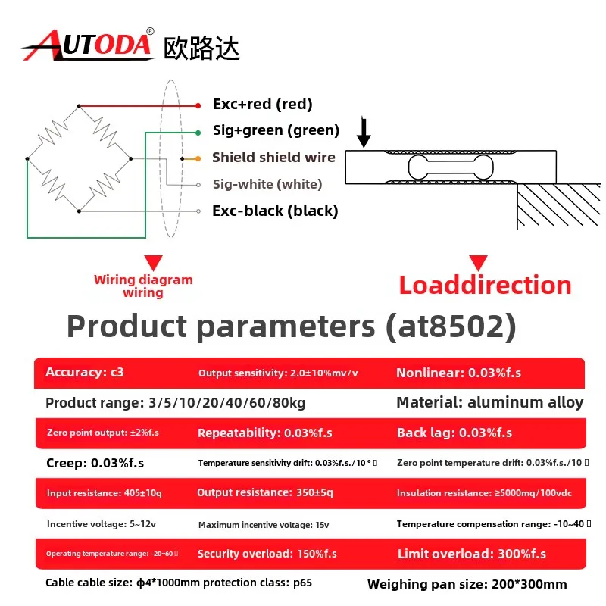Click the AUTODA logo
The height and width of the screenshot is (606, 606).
pos(88,45)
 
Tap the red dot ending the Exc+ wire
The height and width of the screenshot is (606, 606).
pos(198,105)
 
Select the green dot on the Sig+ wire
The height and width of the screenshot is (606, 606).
pos(198,133)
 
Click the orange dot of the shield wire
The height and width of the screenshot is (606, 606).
pos(198,158)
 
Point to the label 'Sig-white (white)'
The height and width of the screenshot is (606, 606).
pos(267,184)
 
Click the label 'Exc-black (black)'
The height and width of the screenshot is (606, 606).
pos(275,211)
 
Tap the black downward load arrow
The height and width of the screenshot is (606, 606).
pos(364,131)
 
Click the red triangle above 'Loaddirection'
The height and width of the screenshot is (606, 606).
pos(478,263)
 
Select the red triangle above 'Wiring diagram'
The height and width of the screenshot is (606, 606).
pos(154,263)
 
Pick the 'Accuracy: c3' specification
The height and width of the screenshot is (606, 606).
pos(85,372)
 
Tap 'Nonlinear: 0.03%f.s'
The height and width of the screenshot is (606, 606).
pos(459,373)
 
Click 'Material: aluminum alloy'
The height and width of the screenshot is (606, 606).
pos(490,402)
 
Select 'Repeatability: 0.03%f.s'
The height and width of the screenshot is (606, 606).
pos(264,433)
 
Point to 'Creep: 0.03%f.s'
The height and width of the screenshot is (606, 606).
pos(95,463)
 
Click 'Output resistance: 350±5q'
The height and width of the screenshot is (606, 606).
pos(264,492)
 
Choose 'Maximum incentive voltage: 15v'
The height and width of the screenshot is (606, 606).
pos(264,524)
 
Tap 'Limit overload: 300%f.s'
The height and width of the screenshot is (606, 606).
pos(472,554)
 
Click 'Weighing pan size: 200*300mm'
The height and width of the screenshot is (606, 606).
pos(467,584)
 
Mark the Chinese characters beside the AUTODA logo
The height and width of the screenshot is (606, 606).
pos(201,48)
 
